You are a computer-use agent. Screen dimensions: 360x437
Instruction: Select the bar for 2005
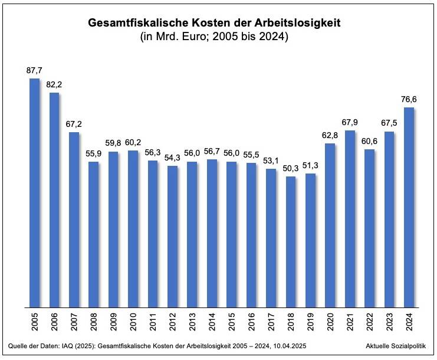pos(34,192)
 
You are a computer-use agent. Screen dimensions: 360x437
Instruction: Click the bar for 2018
pos(291,241)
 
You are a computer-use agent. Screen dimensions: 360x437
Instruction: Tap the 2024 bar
pos(409,207)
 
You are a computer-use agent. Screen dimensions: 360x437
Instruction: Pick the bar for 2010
pos(133,228)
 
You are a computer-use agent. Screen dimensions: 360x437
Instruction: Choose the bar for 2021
pos(350,218)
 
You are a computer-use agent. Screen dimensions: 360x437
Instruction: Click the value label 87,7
pos(34,70)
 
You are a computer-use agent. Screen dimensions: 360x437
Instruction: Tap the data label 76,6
pos(409,99)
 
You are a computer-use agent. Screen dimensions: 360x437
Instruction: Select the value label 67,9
pos(350,122)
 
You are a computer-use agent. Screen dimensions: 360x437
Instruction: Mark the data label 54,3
pos(172,158)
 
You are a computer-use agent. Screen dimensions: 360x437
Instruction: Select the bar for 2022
pos(370,228)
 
